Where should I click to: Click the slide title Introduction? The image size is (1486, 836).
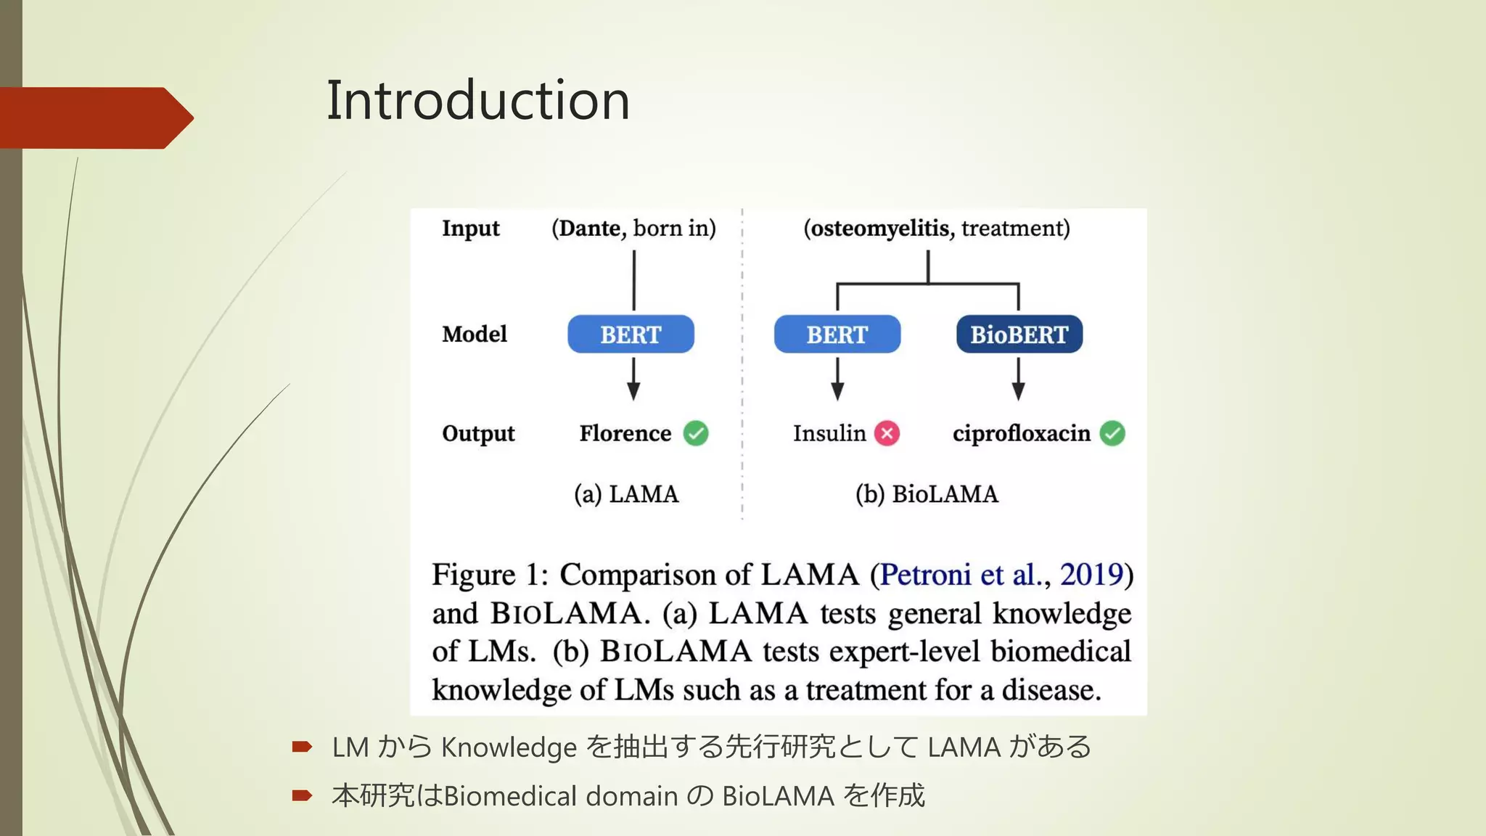pos(477,100)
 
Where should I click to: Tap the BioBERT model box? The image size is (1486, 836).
pos(1019,335)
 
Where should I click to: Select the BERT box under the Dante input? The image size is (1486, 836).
pos(631,335)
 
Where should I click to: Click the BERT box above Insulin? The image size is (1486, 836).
pos(837,335)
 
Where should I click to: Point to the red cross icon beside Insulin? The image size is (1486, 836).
pos(887,433)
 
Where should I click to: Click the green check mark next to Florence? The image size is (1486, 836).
pos(696,433)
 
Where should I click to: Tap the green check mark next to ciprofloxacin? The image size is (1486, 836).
pos(1112,433)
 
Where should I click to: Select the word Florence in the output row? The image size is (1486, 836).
pos(625,433)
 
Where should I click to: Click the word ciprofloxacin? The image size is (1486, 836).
pos(1021,433)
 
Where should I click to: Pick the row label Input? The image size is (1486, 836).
pos(470,229)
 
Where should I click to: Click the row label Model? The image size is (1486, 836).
pos(475,334)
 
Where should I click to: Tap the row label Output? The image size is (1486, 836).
pos(478,433)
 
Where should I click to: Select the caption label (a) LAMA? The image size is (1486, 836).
pos(626,494)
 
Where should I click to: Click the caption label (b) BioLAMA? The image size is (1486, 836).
pos(927,494)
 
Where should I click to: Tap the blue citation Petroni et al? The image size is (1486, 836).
pos(965,575)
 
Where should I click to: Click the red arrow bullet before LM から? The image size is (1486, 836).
pos(302,747)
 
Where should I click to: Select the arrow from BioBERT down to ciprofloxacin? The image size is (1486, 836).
pos(1018,378)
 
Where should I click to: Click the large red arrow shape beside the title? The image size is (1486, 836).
pos(94,118)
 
